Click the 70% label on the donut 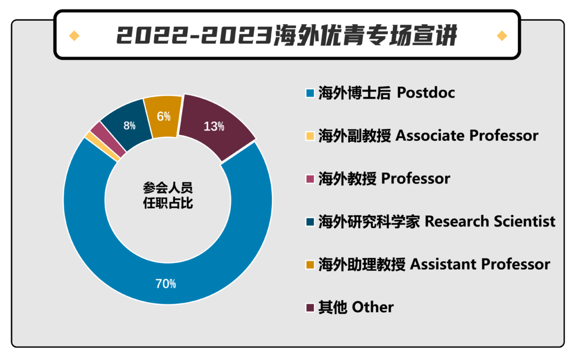coord(166,284)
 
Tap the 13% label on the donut coord(214,126)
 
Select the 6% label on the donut coord(164,117)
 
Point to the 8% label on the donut coord(129,126)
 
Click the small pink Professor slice coord(108,139)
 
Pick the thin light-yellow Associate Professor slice coord(102,146)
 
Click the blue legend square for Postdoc coord(310,93)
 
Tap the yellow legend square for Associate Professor coord(310,136)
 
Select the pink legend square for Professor coord(310,179)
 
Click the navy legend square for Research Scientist coord(310,221)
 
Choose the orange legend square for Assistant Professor coord(310,265)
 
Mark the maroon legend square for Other coord(310,307)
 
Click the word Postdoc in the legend coord(426,93)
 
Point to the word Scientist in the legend coord(524,221)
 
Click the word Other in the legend coord(373,307)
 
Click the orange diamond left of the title coord(75,35)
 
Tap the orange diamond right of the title coord(502,35)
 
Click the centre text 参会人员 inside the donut coord(168,188)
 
